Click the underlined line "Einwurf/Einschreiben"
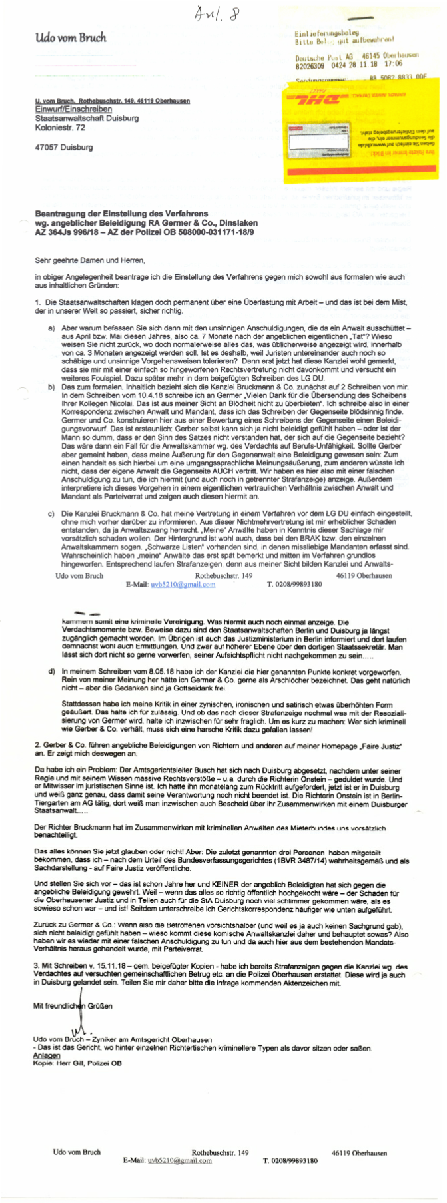(73, 109)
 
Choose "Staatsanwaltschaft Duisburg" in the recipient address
(87, 119)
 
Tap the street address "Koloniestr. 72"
(60, 128)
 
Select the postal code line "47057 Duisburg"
(64, 148)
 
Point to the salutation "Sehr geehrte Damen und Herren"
(89, 260)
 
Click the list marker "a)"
(51, 328)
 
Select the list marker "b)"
(51, 387)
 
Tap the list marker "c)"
(51, 514)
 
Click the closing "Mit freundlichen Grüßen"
(73, 1006)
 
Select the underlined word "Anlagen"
(46, 1056)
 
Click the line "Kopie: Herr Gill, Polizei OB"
(77, 1063)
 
